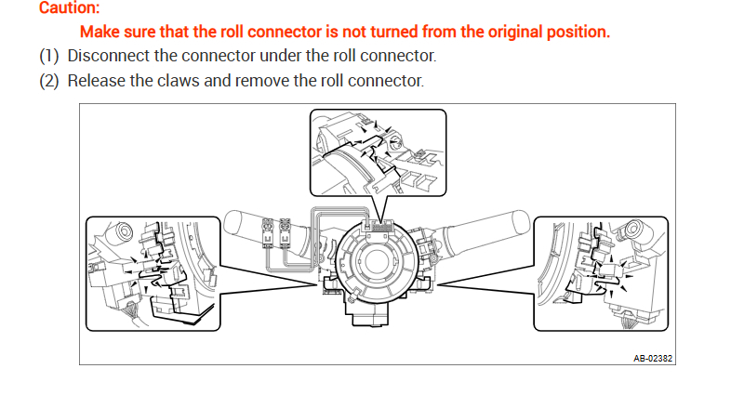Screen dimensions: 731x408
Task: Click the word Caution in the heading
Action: tap(68, 8)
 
